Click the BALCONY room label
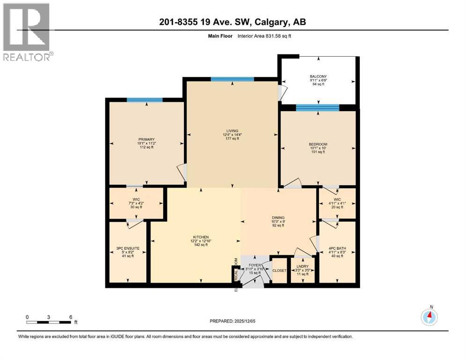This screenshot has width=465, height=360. pyautogui.click(x=318, y=76)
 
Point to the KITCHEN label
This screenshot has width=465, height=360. pyautogui.click(x=200, y=237)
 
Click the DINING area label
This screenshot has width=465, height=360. pyautogui.click(x=278, y=217)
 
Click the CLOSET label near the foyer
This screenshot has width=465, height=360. pyautogui.click(x=280, y=270)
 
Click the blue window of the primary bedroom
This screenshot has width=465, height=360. pyautogui.click(x=145, y=100)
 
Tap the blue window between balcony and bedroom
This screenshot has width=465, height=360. pyautogui.click(x=317, y=108)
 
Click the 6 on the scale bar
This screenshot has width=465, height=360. pyautogui.click(x=70, y=317)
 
